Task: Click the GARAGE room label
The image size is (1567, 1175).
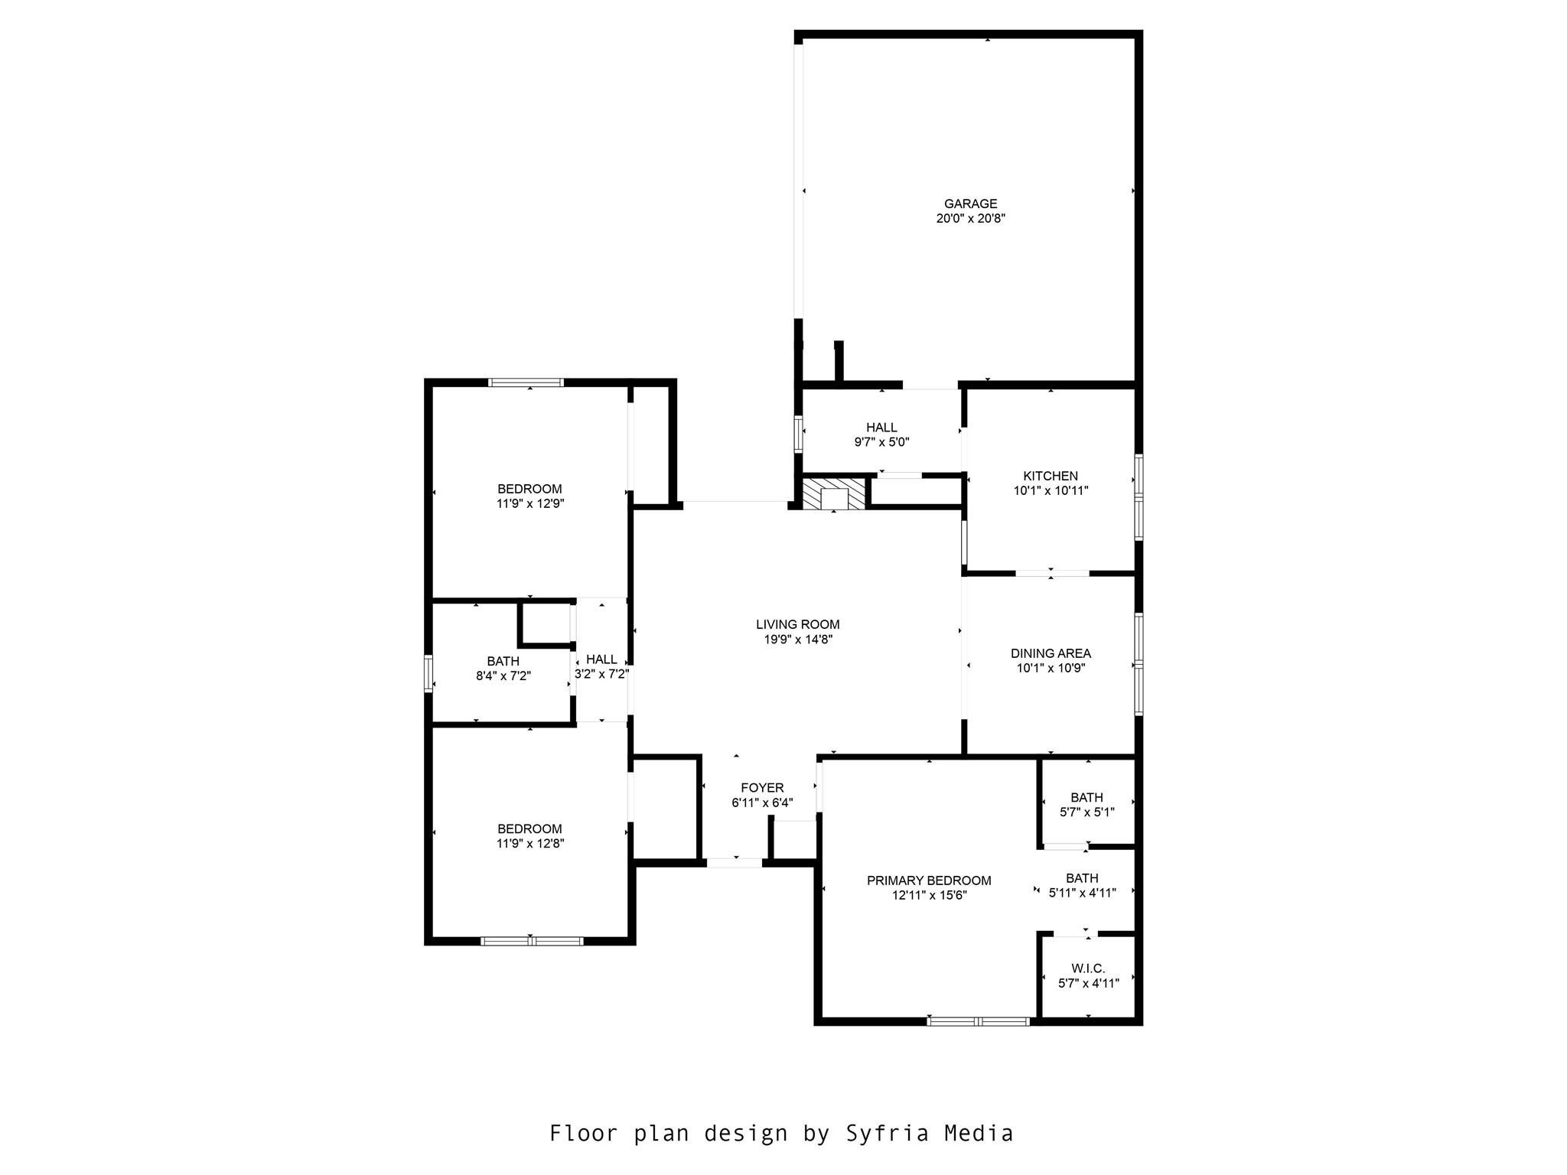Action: click(970, 203)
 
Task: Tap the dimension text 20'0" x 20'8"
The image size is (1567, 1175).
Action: click(970, 218)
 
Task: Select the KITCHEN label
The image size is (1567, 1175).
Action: click(1051, 476)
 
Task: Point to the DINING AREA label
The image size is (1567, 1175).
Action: click(1051, 653)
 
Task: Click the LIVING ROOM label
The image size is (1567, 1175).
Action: click(798, 624)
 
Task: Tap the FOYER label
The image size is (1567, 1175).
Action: click(762, 788)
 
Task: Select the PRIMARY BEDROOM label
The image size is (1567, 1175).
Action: click(929, 880)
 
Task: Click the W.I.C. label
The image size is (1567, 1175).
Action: click(1088, 968)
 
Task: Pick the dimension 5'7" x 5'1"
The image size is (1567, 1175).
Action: click(1087, 812)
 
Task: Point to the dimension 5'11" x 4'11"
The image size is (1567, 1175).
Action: click(1082, 893)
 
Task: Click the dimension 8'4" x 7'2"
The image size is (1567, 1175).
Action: click(503, 676)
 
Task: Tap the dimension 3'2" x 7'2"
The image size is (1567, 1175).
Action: click(602, 674)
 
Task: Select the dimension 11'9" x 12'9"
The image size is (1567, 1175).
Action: click(530, 503)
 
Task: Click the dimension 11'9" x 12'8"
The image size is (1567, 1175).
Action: click(530, 844)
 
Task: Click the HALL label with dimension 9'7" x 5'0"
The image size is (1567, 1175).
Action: click(881, 428)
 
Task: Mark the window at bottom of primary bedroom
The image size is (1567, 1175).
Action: click(979, 1020)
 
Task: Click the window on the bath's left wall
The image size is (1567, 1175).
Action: click(428, 674)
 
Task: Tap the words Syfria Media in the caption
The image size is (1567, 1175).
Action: click(929, 1133)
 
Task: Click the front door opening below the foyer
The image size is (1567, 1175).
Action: click(735, 863)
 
